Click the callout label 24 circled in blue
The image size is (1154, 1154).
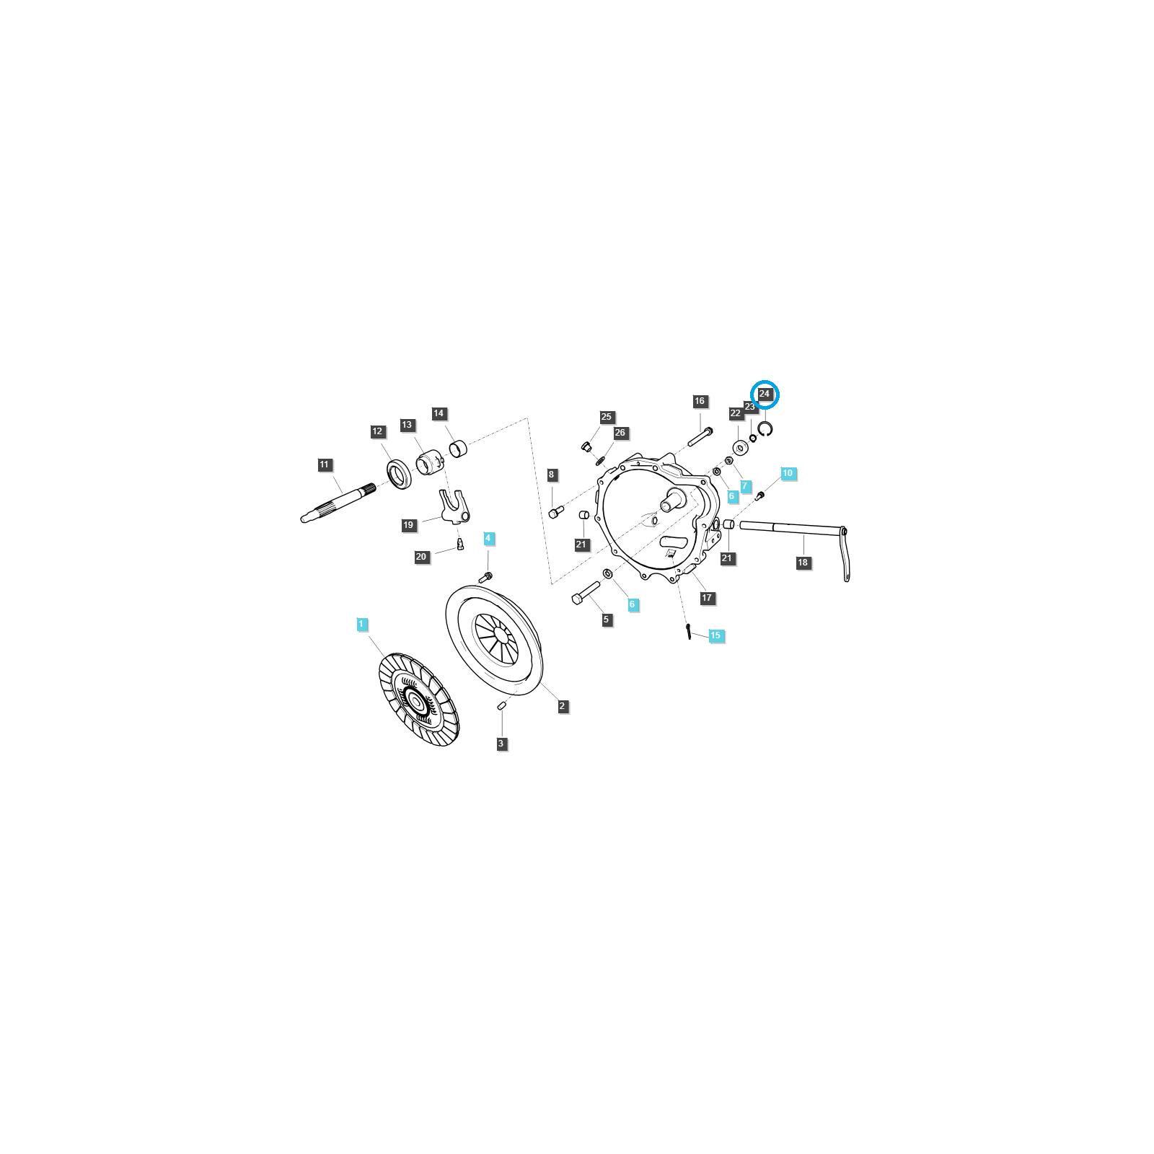765,394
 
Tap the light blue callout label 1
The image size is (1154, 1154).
362,624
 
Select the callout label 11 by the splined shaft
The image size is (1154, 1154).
324,464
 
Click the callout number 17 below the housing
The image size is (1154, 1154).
707,597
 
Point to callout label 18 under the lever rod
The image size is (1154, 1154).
803,563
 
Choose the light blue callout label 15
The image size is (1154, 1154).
715,635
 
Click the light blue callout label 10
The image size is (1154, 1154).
788,473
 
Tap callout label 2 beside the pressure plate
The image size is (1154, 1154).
563,706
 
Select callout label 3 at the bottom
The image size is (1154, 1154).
501,744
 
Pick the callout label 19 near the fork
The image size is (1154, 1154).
409,524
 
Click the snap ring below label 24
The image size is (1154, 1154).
765,429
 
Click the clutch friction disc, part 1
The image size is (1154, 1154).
418,699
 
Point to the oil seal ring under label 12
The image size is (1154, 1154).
398,473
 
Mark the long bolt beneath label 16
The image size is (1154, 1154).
700,437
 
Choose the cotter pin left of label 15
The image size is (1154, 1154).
689,630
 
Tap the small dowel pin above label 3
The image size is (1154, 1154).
501,705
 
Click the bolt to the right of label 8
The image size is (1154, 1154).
556,512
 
